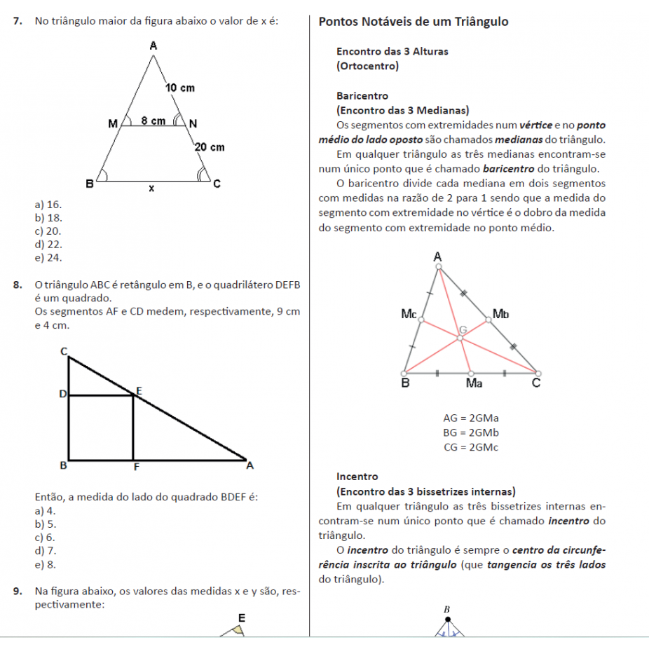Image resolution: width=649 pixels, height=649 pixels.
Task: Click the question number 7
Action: click(17, 22)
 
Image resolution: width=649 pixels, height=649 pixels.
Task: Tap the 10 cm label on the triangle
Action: click(179, 88)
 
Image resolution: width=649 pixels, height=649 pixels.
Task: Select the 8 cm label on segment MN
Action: click(153, 121)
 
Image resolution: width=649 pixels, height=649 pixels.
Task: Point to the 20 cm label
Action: click(209, 147)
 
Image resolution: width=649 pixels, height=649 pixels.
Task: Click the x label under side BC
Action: click(151, 189)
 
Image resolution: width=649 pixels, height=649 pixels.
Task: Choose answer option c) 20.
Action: click(48, 231)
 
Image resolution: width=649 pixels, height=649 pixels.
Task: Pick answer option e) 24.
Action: click(48, 258)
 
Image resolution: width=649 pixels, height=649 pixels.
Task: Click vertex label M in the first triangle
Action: click(113, 124)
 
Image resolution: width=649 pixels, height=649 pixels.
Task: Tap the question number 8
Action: click(17, 285)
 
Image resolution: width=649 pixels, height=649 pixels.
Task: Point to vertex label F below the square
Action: click(135, 467)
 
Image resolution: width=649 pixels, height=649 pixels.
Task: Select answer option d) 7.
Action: click(46, 551)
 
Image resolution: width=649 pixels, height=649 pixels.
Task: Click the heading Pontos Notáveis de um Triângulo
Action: click(414, 22)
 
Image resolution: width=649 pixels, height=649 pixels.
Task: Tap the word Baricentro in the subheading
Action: click(362, 96)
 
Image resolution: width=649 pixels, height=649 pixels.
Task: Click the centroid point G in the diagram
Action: click(460, 338)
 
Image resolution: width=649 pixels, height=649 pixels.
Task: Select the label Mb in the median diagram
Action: click(500, 313)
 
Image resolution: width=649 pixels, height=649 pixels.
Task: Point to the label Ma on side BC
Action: click(474, 383)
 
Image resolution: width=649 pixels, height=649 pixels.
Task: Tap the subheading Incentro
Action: click(357, 477)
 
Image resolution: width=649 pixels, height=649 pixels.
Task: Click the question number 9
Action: click(17, 592)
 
